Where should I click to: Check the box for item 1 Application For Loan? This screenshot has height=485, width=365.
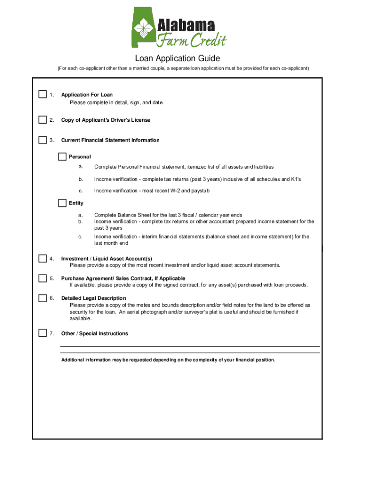(43, 94)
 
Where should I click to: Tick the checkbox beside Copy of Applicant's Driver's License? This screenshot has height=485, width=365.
(43, 120)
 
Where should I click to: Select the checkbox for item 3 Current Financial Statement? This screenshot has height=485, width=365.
(43, 140)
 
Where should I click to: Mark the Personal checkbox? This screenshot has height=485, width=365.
(63, 156)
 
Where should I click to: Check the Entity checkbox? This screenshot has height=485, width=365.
(63, 203)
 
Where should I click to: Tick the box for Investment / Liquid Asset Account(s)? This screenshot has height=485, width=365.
(43, 258)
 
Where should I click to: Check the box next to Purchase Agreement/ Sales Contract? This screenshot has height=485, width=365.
(43, 278)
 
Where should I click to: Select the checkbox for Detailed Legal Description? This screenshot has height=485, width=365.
(43, 298)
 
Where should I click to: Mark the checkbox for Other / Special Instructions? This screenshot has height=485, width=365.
(43, 333)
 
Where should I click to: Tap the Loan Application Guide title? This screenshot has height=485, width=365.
(177, 59)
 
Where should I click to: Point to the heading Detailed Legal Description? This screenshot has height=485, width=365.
(93, 298)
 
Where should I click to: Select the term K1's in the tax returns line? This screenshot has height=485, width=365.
(296, 179)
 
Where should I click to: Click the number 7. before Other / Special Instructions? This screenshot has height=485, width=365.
(52, 333)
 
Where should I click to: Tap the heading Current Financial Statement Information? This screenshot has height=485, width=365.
(110, 140)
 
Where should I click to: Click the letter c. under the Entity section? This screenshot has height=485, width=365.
(81, 236)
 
